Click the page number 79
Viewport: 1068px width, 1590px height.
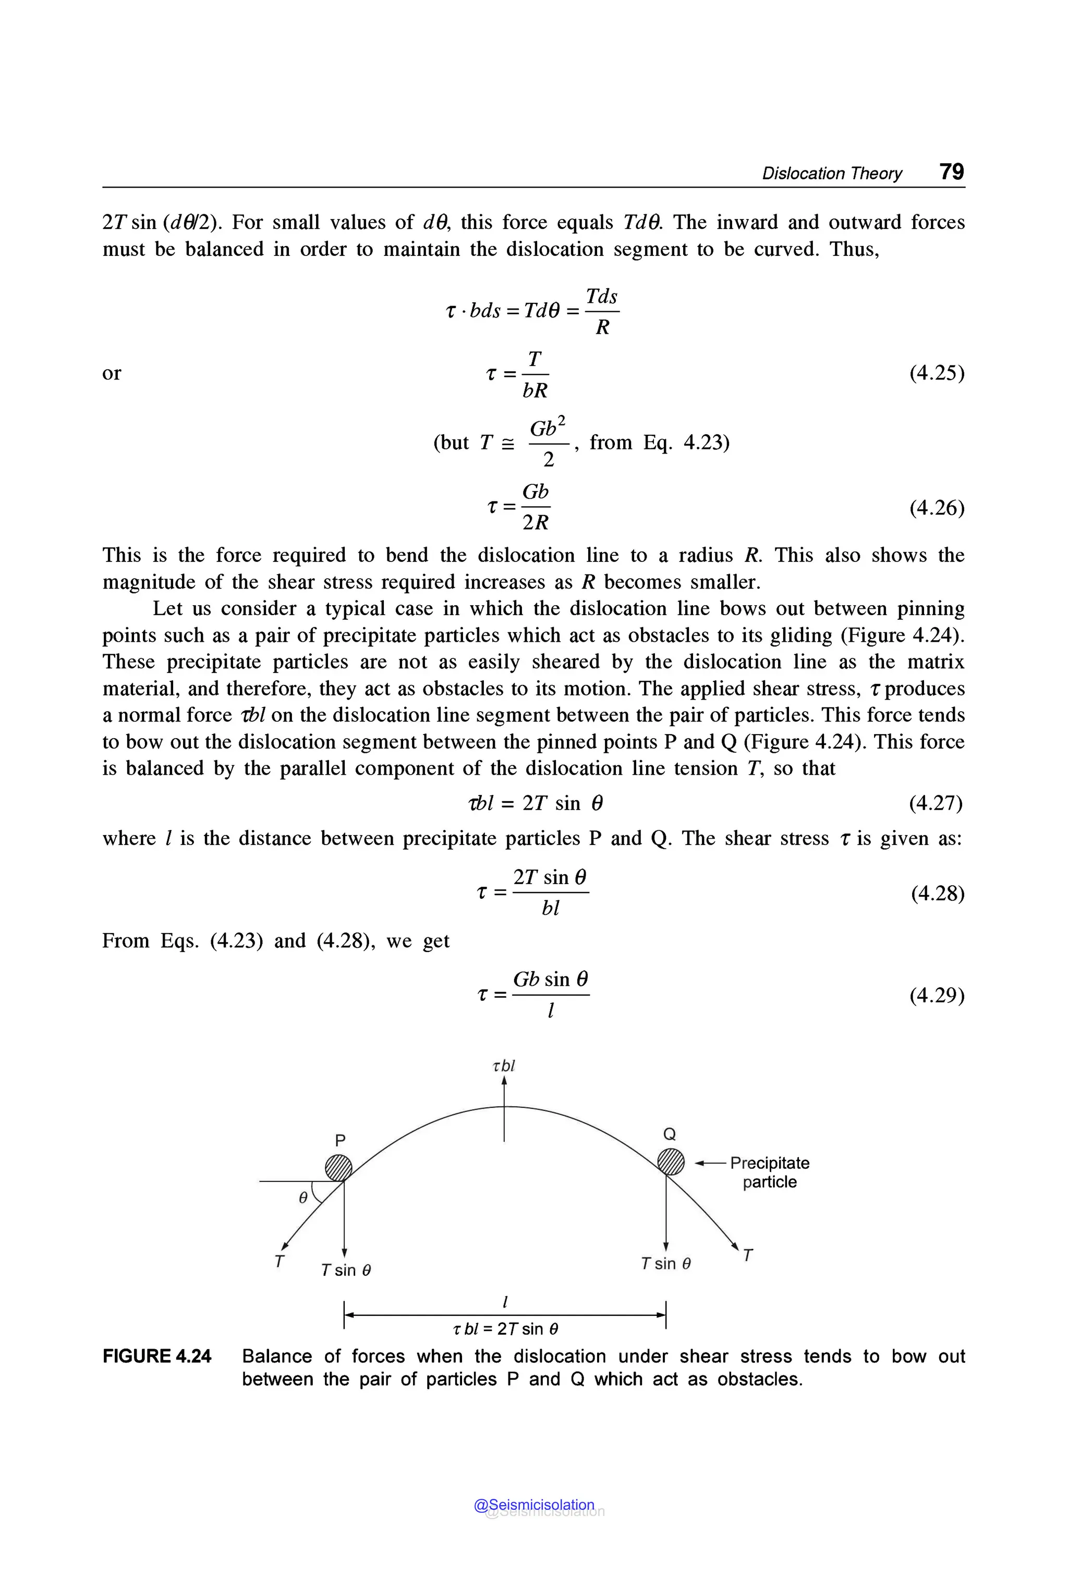click(x=952, y=172)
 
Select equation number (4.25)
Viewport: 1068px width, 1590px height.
click(x=937, y=373)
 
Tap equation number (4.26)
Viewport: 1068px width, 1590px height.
click(x=937, y=507)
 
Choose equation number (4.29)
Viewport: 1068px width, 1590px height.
click(x=937, y=996)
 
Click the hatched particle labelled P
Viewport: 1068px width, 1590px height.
click(x=338, y=1168)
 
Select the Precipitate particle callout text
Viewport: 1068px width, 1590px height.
click(x=770, y=1172)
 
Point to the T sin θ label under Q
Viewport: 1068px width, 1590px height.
click(x=665, y=1264)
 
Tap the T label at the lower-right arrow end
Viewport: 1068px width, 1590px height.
click(x=748, y=1255)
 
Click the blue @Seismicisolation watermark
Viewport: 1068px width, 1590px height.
click(x=534, y=1504)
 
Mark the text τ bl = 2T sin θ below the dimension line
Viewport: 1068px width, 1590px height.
click(x=505, y=1328)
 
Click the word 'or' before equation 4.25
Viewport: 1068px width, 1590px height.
click(x=111, y=373)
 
